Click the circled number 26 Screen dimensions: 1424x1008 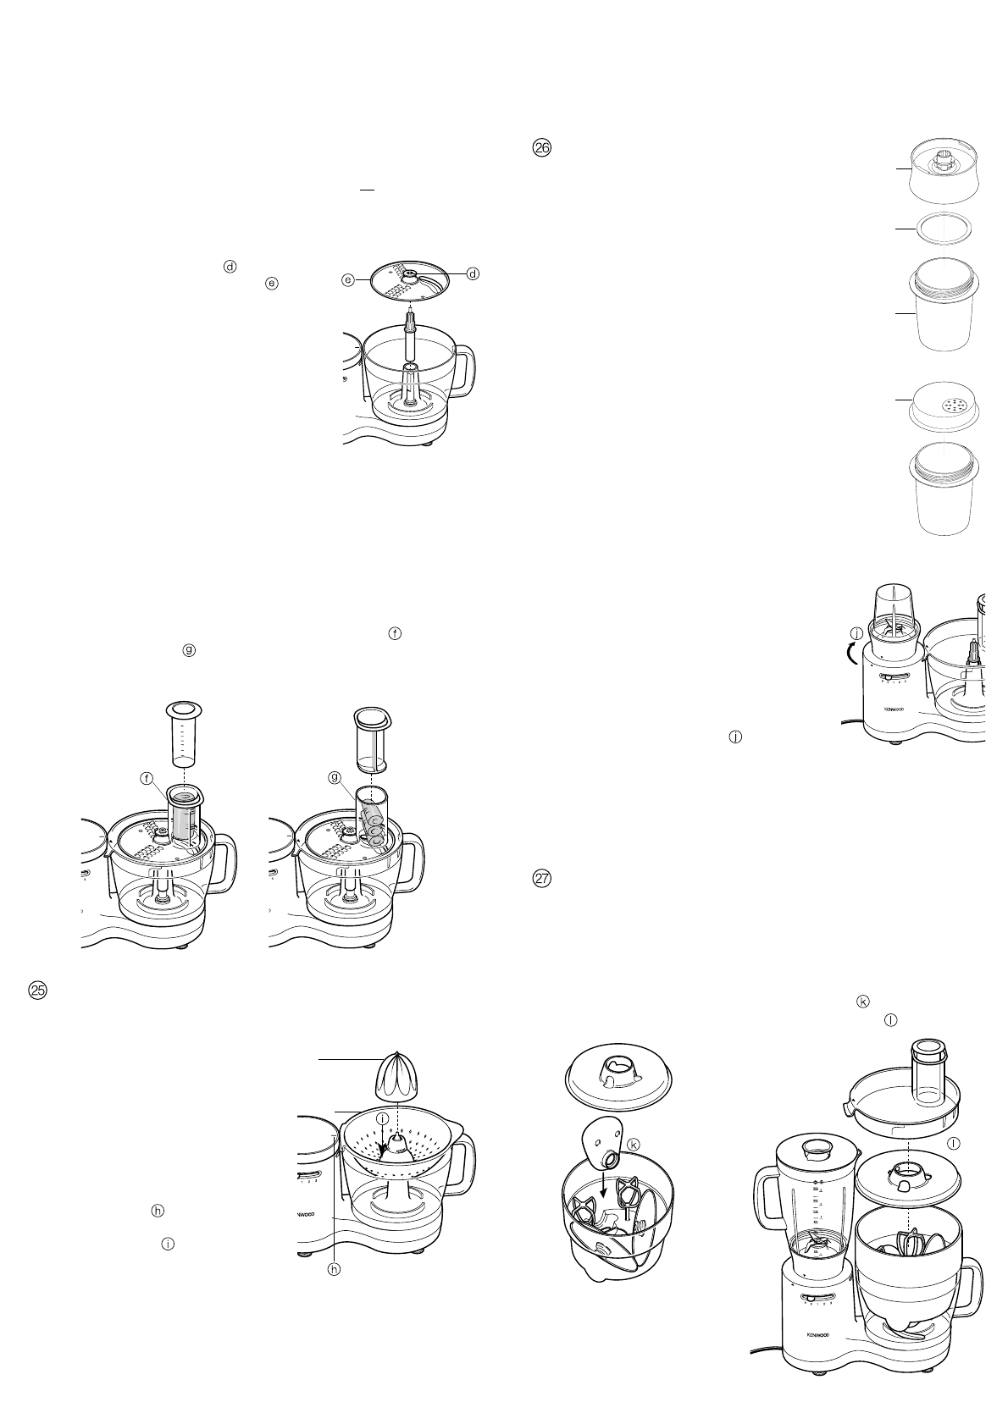pyautogui.click(x=541, y=147)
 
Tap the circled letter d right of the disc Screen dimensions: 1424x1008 pyautogui.click(x=474, y=273)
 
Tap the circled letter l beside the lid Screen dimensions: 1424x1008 pyautogui.click(x=955, y=1142)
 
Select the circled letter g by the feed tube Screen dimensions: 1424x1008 pyautogui.click(x=334, y=775)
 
